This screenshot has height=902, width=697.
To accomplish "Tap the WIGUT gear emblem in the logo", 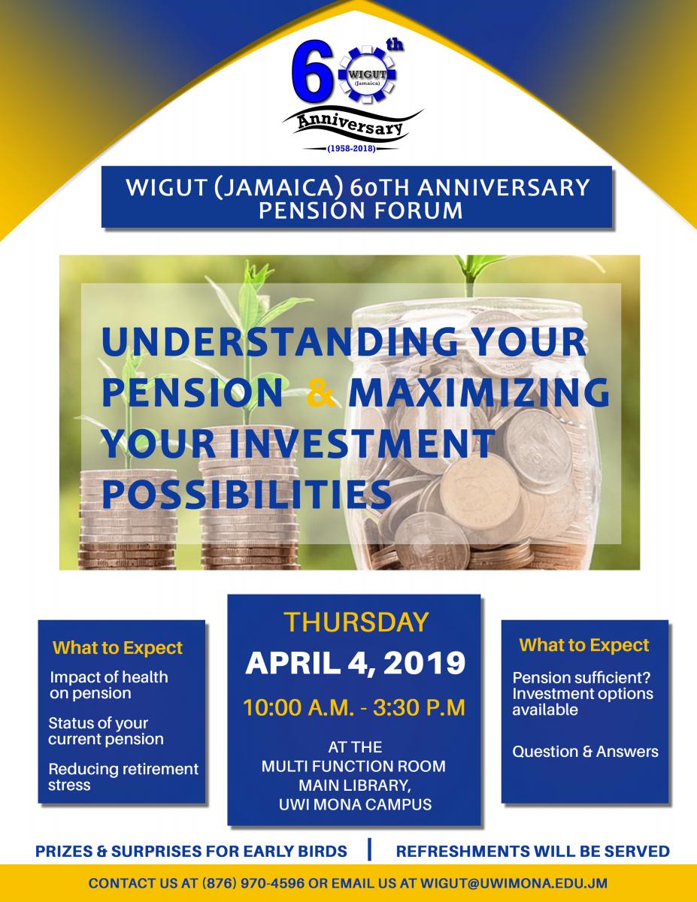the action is point(367,76).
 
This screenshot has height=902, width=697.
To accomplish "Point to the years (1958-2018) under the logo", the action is point(352,149).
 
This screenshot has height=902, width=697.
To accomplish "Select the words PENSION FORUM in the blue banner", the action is point(360,210).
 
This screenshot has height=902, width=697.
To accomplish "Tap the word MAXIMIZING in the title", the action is point(479,392).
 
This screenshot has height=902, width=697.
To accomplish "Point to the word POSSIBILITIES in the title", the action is point(247,494).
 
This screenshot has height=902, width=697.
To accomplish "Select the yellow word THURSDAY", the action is point(356,622).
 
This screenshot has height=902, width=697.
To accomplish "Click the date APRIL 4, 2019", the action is point(356,663).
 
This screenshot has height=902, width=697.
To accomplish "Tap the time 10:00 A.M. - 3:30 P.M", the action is point(354,708).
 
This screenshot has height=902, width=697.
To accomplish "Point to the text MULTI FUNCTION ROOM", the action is point(353,766).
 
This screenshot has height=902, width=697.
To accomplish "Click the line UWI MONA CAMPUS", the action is point(356,804).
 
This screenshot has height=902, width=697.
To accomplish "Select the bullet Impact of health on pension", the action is point(109,685).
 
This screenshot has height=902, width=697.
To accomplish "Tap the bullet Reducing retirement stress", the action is point(123,777).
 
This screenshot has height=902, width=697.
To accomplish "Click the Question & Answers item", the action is point(585,752).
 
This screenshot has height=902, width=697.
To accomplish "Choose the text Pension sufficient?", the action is point(581,678).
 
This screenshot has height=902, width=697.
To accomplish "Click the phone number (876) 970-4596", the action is point(253,883).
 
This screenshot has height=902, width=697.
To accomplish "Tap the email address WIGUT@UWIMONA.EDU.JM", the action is point(514,883).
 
